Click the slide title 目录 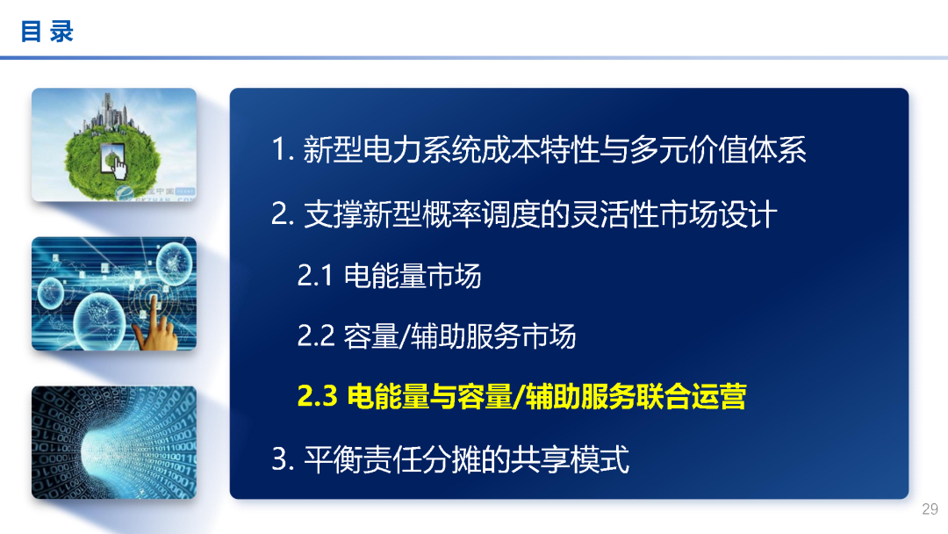click(47, 32)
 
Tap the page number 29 click(930, 509)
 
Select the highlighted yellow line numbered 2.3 click(521, 397)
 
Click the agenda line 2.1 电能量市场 click(389, 276)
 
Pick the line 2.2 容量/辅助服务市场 click(436, 336)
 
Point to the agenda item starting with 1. click(538, 150)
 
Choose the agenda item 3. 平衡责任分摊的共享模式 click(450, 459)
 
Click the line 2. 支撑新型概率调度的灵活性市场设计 click(524, 214)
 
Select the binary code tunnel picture click(113, 442)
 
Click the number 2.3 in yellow click(318, 397)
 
